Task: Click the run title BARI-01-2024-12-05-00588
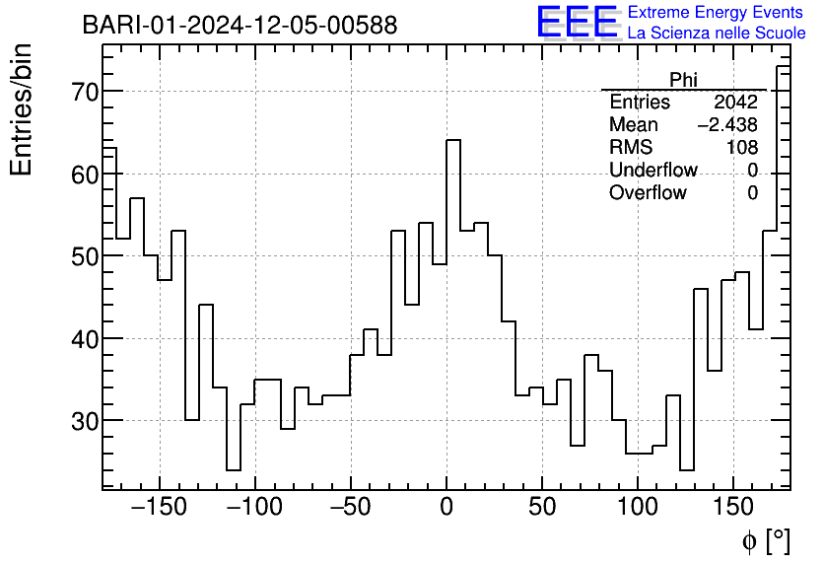[240, 25]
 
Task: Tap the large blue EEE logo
[578, 23]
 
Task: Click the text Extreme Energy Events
[715, 13]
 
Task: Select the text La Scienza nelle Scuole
[717, 34]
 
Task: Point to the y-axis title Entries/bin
[21, 109]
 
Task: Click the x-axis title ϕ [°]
[766, 540]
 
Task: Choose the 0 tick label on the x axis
[446, 509]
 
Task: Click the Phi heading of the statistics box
[683, 80]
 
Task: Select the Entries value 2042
[735, 103]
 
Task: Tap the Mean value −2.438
[727, 125]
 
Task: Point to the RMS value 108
[741, 148]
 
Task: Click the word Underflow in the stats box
[653, 171]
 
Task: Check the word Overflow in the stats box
[648, 193]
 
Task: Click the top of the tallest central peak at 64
[453, 140]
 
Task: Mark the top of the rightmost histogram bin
[784, 66]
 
